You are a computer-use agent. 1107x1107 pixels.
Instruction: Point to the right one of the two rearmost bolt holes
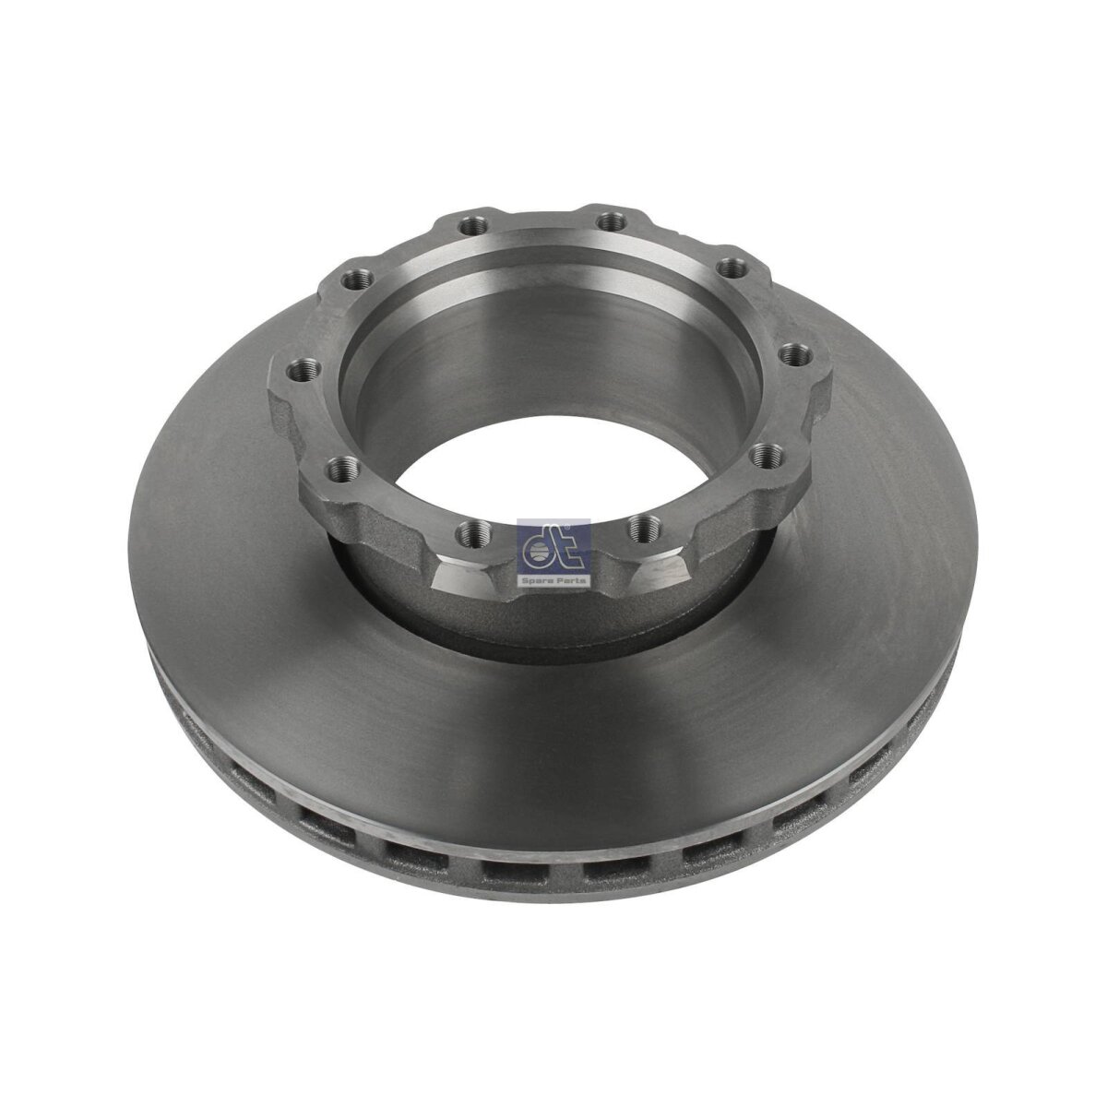tap(609, 221)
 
